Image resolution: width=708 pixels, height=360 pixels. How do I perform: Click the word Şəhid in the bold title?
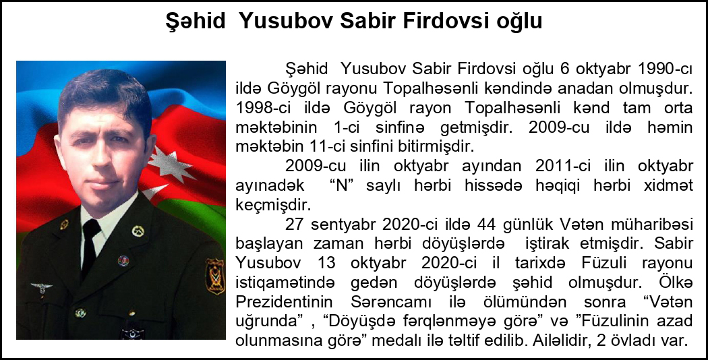[x=196, y=21]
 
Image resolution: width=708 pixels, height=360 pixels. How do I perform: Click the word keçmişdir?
[x=273, y=206]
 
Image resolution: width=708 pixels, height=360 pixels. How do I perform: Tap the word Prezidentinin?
[x=284, y=302]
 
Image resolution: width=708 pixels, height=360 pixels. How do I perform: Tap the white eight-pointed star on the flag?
[x=171, y=162]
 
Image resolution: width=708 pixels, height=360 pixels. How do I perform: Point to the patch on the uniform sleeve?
[x=215, y=276]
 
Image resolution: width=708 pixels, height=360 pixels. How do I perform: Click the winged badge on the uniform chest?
[x=42, y=288]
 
